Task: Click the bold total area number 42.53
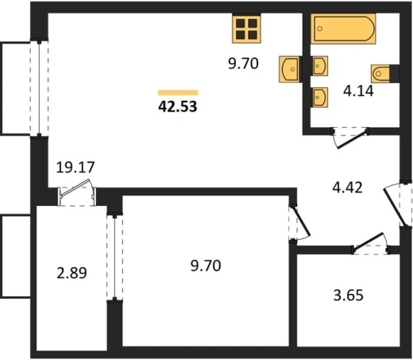tap(178, 106)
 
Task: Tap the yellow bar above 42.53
tap(178, 92)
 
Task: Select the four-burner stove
tap(246, 29)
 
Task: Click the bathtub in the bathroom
tap(343, 29)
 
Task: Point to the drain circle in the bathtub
tap(320, 29)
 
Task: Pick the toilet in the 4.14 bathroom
tap(380, 73)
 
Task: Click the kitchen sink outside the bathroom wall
tap(289, 69)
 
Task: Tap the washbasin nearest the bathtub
tap(320, 66)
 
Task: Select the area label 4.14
tap(358, 91)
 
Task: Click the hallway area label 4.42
tap(347, 188)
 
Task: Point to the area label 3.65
tap(348, 296)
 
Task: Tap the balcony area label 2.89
tap(71, 273)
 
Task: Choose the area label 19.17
tap(75, 168)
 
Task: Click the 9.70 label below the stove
tap(243, 64)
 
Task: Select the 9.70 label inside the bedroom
tap(206, 265)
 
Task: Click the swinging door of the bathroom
tap(350, 137)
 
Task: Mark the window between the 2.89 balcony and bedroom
tap(114, 257)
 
